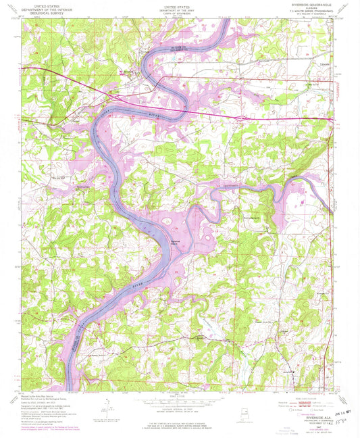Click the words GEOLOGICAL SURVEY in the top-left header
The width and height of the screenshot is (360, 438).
point(41,11)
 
